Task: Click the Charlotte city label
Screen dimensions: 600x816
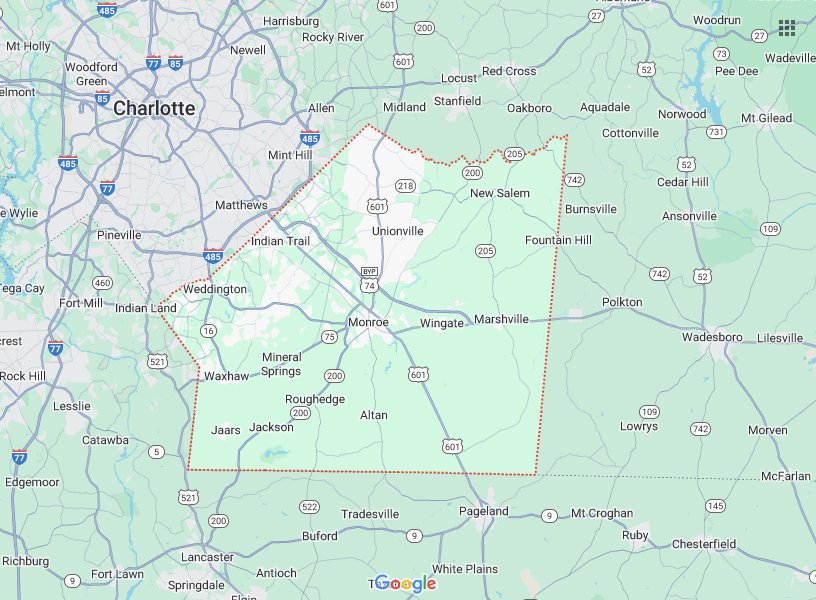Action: pos(154,108)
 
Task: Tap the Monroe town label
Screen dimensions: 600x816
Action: pos(368,322)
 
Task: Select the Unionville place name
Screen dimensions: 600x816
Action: pos(398,231)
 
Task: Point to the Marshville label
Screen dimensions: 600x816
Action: pos(502,320)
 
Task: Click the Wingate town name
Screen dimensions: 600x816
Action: pos(442,323)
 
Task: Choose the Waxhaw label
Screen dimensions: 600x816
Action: pos(225,377)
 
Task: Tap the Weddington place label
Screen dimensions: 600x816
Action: pos(216,289)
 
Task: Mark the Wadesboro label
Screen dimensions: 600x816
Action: pos(712,337)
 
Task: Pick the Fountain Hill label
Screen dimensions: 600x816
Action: pos(559,240)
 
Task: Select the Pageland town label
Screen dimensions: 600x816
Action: pos(484,511)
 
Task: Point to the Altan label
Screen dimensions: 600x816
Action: pos(374,415)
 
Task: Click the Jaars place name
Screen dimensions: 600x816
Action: pos(226,431)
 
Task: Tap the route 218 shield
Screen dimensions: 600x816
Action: pos(405,186)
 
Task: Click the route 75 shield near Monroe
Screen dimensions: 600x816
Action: pos(329,337)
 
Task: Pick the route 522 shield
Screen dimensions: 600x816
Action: pos(310,507)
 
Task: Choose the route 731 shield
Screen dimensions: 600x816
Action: pos(716,132)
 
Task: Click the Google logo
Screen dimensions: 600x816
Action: pos(406,584)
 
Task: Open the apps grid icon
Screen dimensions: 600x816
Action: pos(787,27)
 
